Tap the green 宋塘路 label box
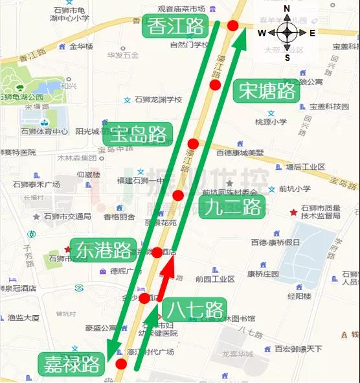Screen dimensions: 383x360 (x=267, y=90)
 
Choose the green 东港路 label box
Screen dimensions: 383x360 (x=104, y=250)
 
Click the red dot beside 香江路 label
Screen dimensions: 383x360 (x=232, y=26)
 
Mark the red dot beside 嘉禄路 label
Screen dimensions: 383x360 (x=121, y=364)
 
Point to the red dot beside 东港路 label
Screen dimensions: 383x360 (x=157, y=253)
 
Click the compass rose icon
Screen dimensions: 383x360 (x=287, y=32)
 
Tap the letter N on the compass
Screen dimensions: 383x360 (x=287, y=8)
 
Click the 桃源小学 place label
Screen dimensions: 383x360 (x=271, y=121)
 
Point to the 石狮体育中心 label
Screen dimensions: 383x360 (x=43, y=132)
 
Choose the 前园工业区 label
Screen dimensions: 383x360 (x=215, y=279)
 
